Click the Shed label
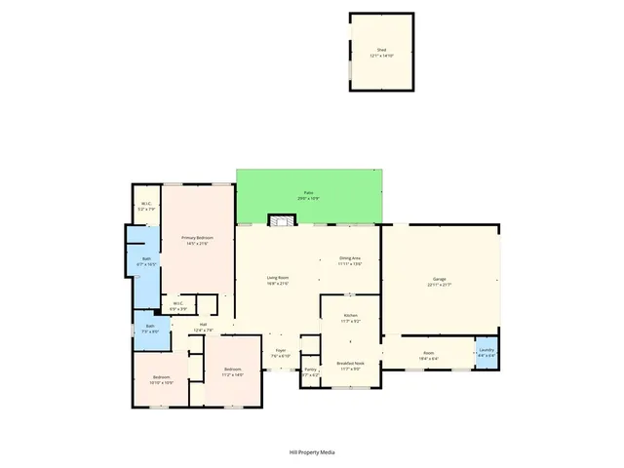(381, 53)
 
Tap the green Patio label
(308, 196)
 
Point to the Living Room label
(278, 281)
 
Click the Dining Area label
(350, 261)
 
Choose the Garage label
(439, 283)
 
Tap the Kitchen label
(350, 318)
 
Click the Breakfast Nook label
(350, 366)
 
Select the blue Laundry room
(487, 352)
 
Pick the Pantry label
(310, 371)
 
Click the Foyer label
(280, 353)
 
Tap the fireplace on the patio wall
(282, 221)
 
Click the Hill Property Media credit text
(312, 452)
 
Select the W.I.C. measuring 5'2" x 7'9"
(146, 206)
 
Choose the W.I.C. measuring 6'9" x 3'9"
(178, 306)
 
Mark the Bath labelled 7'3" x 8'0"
(150, 329)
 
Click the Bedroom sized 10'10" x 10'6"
(162, 380)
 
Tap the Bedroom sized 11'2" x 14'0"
(232, 371)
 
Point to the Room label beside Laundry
(428, 356)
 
